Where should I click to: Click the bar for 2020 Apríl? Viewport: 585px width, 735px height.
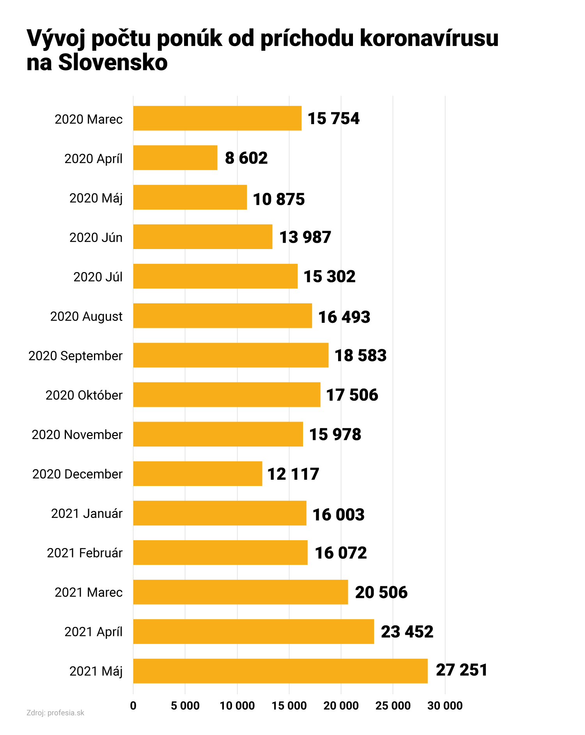(x=175, y=158)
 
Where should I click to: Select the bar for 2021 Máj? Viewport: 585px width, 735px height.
(x=280, y=671)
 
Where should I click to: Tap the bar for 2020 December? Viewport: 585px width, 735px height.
(x=197, y=473)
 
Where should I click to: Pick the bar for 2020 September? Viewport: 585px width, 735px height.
(x=230, y=355)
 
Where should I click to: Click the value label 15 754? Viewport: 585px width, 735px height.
(x=333, y=119)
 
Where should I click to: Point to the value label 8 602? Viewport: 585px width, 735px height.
(x=246, y=158)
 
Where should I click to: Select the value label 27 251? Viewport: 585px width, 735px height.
(x=461, y=670)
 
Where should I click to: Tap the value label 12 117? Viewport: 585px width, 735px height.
(x=293, y=474)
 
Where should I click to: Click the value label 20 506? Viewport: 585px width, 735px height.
(x=381, y=592)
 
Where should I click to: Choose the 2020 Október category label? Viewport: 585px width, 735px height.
(x=84, y=395)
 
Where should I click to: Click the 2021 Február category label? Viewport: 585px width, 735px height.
(x=85, y=553)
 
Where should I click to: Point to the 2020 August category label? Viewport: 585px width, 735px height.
(x=86, y=316)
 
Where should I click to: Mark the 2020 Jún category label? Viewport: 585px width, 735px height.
(x=96, y=237)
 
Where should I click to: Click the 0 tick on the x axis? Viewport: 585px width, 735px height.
(x=133, y=705)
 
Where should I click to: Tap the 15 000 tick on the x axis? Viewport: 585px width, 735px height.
(x=289, y=705)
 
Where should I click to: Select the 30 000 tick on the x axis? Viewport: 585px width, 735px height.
(x=445, y=705)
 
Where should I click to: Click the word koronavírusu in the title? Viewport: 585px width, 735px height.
(x=429, y=38)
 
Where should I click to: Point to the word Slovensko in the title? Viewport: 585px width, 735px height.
(x=113, y=62)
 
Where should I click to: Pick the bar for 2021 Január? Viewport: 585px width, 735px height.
(x=220, y=513)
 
